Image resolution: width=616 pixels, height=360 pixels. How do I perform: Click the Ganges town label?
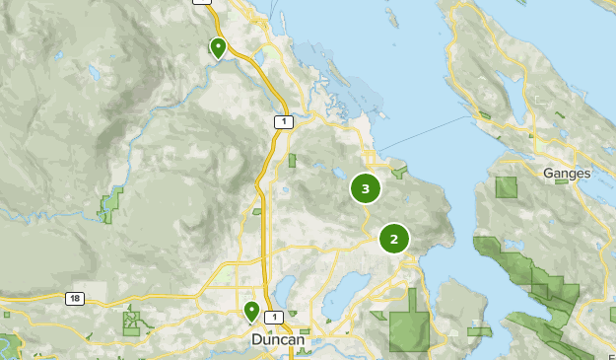[x=567, y=174]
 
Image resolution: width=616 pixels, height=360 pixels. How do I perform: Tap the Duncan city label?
[x=277, y=339]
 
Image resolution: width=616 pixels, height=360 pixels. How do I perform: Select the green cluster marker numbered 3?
[x=366, y=187]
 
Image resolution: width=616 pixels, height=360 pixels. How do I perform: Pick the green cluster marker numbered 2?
[x=394, y=238]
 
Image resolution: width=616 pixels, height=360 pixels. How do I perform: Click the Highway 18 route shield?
[x=74, y=298]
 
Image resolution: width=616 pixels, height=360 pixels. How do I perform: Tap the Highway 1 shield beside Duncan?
[x=274, y=317]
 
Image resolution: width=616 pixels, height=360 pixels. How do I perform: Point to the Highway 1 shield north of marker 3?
[x=283, y=121]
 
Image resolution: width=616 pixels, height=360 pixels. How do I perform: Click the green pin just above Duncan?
[x=252, y=312]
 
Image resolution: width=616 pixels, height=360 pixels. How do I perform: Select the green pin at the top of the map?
[x=218, y=46]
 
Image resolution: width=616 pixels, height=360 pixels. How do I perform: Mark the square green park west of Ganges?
[x=507, y=187]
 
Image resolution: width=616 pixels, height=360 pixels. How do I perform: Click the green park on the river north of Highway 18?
[x=111, y=204]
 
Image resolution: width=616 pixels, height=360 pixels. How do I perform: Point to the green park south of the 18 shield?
[x=131, y=320]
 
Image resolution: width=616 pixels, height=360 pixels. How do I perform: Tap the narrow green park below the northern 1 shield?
[x=293, y=160]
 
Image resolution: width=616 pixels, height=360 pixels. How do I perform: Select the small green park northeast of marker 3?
[x=399, y=173]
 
